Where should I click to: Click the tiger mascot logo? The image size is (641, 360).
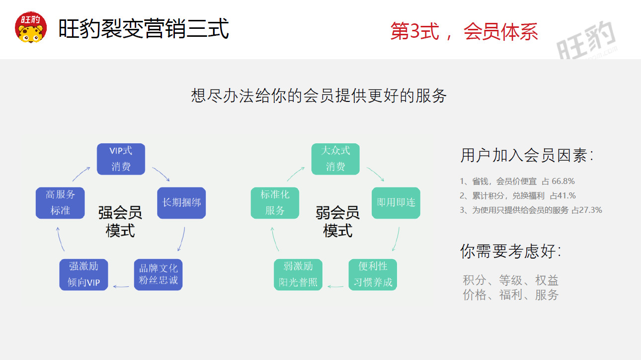coord(31,28)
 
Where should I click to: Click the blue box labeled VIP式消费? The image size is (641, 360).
coord(121,159)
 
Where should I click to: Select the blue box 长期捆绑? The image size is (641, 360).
coord(181,203)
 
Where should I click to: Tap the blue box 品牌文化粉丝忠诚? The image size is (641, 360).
coord(159,274)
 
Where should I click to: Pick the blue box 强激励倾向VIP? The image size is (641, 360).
coord(84,274)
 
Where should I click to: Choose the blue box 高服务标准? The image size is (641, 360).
coord(60,203)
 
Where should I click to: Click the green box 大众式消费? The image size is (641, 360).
coord(335,159)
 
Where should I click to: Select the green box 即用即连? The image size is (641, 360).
coord(396,203)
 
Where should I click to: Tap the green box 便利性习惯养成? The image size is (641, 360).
coord(373,274)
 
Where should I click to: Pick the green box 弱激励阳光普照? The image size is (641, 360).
coord(298,274)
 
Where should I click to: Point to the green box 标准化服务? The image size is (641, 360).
coord(275,203)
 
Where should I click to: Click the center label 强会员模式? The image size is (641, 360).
coord(120,222)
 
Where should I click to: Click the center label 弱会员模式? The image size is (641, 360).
coord(337,222)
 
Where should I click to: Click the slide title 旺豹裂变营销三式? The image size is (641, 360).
coord(144,29)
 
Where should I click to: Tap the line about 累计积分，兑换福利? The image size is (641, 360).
coord(518,196)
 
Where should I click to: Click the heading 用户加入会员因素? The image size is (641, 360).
coord(527,156)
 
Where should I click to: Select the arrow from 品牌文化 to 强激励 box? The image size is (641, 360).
coord(121,286)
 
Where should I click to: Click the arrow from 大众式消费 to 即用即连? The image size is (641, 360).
coord(376,174)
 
